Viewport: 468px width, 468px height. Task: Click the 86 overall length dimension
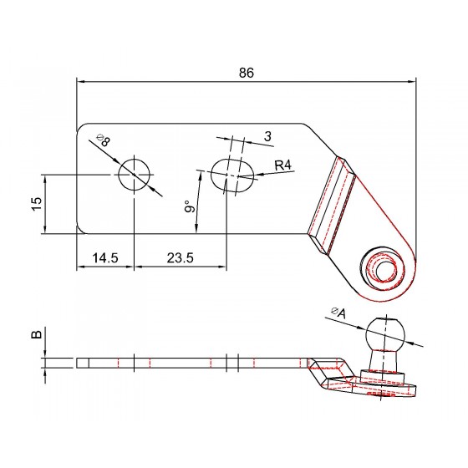point(247,73)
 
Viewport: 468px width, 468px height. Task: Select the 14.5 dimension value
point(105,257)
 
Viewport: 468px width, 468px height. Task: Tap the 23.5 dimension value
point(181,257)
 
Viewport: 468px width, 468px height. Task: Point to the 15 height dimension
point(37,204)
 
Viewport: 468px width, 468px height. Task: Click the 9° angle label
point(189,206)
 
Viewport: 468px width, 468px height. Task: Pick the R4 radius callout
point(283,165)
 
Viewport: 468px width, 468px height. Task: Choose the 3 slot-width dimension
point(267,136)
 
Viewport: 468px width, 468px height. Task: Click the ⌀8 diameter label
point(104,140)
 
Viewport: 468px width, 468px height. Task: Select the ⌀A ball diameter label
point(338,313)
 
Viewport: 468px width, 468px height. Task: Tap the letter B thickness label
point(37,334)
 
